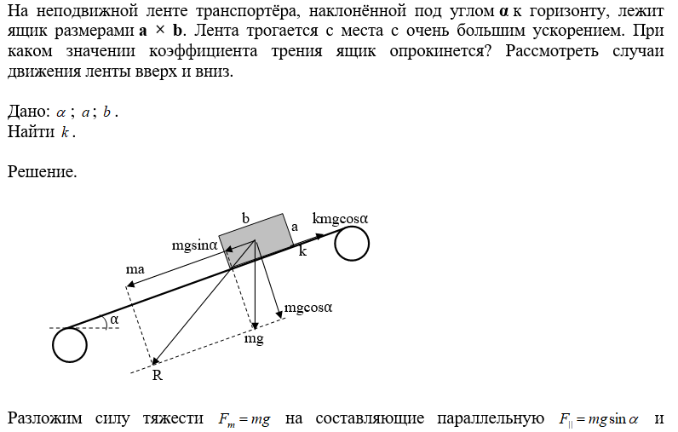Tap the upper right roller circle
(x=351, y=245)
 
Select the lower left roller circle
(x=69, y=345)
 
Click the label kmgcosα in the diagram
(x=340, y=218)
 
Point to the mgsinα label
(x=195, y=245)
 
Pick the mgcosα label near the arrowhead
(x=307, y=308)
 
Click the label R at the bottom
(x=157, y=375)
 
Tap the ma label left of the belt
(x=135, y=269)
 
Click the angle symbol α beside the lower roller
(x=113, y=320)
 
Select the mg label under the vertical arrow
(x=254, y=338)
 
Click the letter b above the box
(x=245, y=219)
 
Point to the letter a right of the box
(x=295, y=227)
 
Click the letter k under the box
(x=302, y=252)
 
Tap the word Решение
(x=42, y=172)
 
